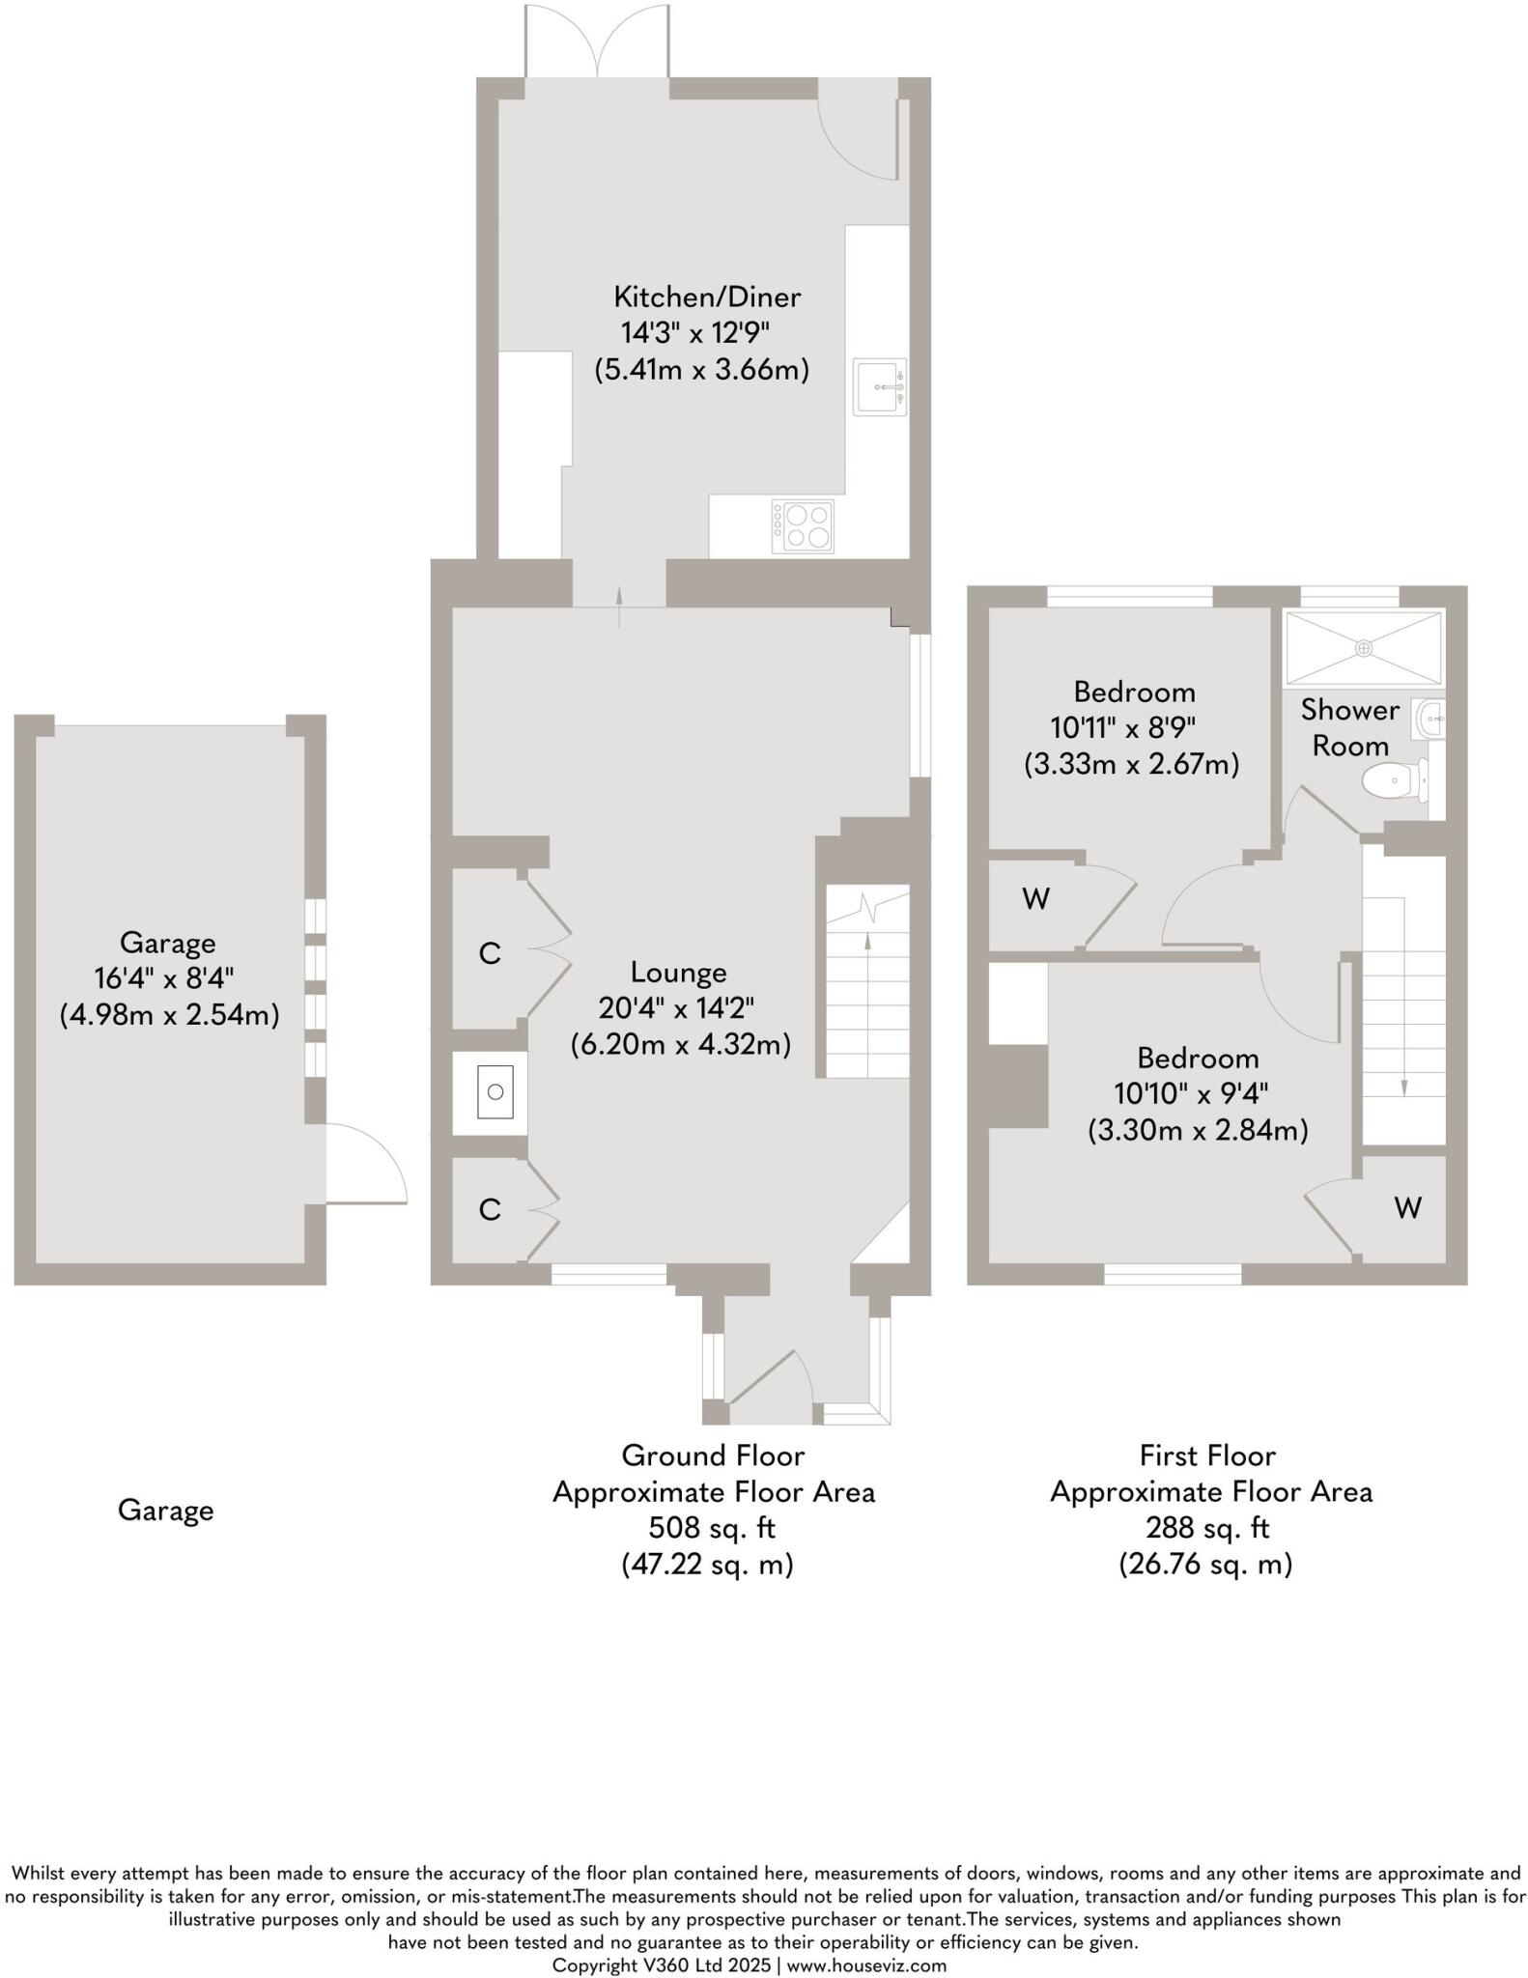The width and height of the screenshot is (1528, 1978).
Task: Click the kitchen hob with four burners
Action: [x=803, y=526]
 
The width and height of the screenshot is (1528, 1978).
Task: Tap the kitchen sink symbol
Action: [x=879, y=387]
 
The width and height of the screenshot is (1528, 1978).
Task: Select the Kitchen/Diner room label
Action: [x=708, y=297]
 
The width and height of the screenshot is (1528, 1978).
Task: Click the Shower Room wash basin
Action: [x=1433, y=720]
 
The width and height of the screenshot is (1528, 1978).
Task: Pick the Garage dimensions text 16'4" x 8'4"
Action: [x=168, y=978]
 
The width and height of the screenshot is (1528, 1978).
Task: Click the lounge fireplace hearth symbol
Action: [x=495, y=1092]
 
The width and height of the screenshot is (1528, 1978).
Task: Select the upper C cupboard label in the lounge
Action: [x=490, y=954]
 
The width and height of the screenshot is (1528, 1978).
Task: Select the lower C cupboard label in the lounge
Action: [x=490, y=1209]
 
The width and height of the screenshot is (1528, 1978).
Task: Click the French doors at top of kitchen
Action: [x=597, y=43]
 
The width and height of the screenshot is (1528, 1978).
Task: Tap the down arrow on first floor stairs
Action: [x=1403, y=1087]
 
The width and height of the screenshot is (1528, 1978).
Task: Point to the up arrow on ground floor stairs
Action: [x=867, y=943]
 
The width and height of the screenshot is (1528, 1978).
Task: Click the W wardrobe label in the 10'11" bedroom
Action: [x=1035, y=899]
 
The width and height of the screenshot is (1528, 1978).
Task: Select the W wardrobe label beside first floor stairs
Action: [x=1407, y=1207]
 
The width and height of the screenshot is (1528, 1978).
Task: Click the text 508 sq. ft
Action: [x=712, y=1528]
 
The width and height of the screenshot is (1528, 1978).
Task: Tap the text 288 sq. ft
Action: [x=1207, y=1528]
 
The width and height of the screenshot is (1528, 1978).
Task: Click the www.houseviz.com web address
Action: [x=866, y=1965]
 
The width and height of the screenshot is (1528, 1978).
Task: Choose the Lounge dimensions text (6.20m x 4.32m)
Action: [x=681, y=1044]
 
